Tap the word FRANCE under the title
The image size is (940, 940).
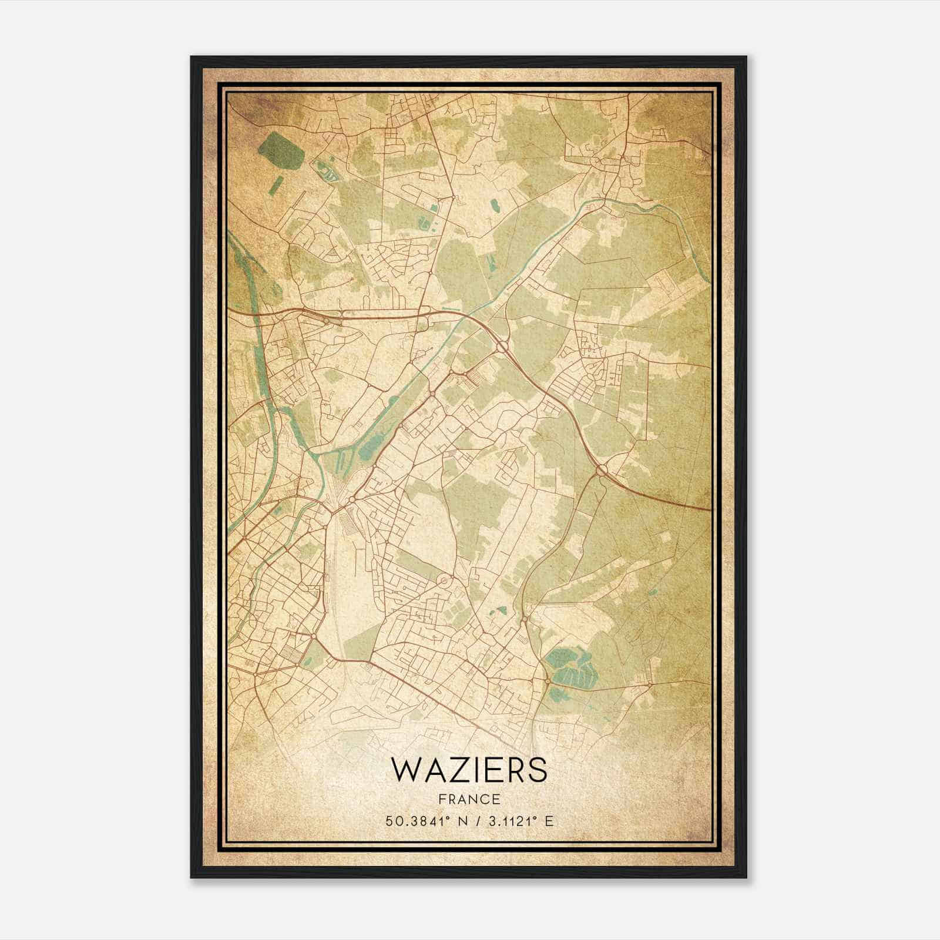click(468, 799)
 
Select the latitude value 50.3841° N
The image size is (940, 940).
click(421, 821)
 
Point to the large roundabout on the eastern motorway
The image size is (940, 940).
click(602, 470)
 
